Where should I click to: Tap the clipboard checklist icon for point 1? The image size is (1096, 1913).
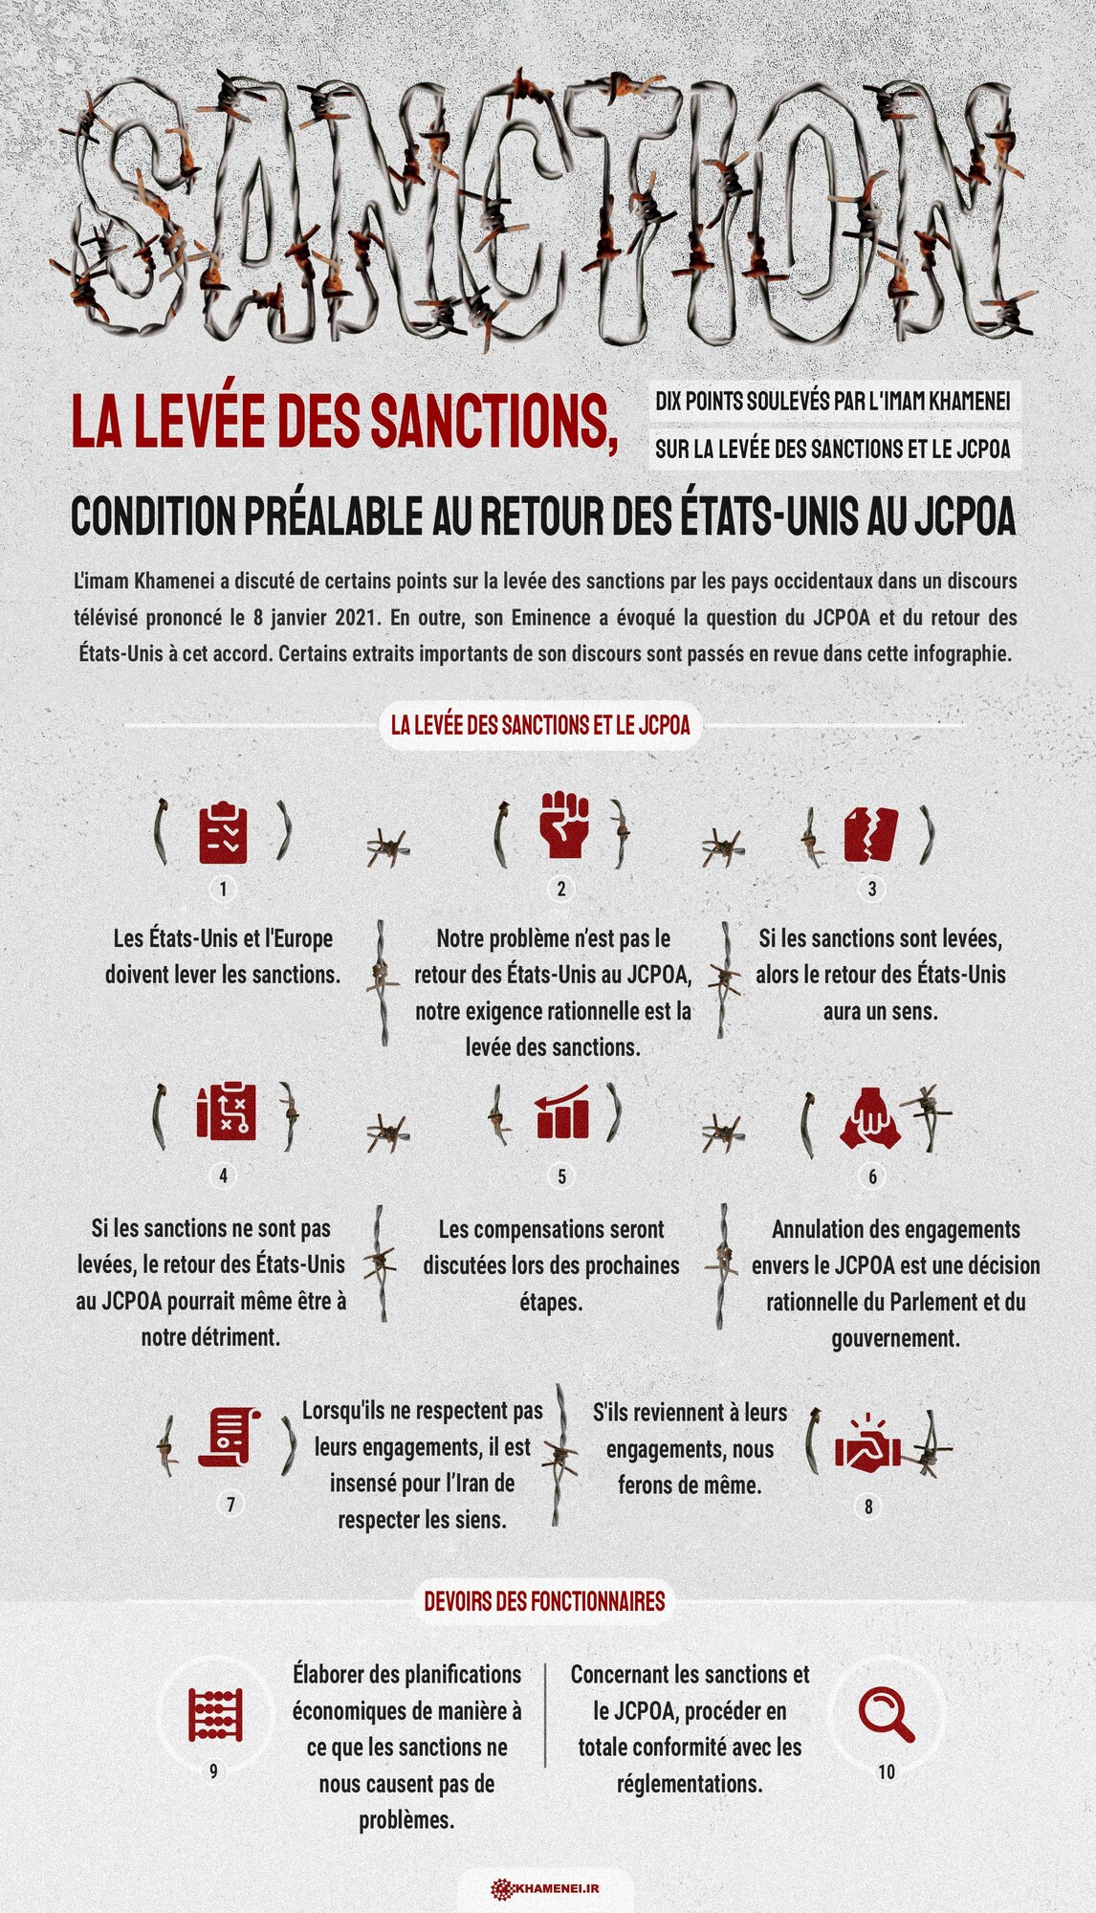click(x=223, y=832)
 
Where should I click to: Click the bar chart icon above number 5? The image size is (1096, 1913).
click(x=562, y=1112)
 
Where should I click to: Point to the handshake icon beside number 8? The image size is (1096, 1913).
click(x=867, y=1445)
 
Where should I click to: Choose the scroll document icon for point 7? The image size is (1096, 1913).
click(x=229, y=1437)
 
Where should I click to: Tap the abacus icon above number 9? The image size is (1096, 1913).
click(x=215, y=1714)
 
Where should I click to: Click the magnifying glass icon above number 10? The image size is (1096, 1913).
click(x=886, y=1715)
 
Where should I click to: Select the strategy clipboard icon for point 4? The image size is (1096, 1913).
click(x=226, y=1112)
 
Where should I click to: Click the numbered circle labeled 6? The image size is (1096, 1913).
click(x=872, y=1176)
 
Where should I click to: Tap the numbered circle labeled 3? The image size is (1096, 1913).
click(x=871, y=889)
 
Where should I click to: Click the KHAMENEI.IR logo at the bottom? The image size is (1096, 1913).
click(x=545, y=1888)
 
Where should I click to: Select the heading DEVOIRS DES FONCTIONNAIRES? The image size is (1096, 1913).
click(x=544, y=1601)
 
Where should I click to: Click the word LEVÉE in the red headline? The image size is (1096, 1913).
click(x=198, y=422)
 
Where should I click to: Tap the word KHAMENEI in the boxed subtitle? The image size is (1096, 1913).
click(x=969, y=401)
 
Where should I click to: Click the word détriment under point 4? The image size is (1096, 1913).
click(x=236, y=1337)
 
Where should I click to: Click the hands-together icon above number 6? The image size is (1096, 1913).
click(x=869, y=1117)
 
